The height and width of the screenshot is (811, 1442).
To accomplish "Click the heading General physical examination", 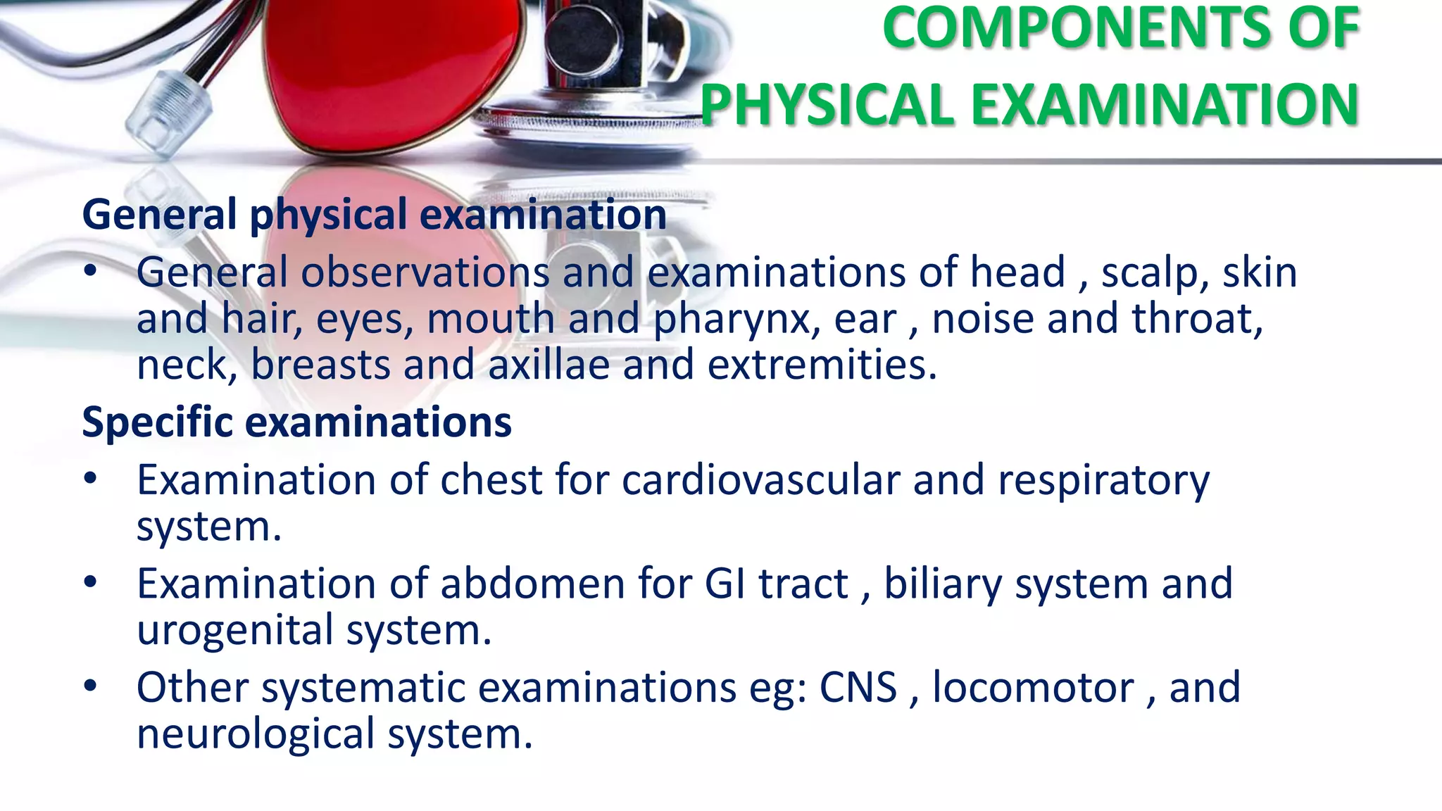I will (x=374, y=215).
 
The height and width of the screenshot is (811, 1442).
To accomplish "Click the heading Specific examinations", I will (x=296, y=422).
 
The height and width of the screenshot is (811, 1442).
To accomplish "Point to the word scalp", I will (x=1155, y=272).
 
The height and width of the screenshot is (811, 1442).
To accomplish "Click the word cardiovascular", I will (x=760, y=480).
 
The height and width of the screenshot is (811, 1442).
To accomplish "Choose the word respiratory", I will (x=1103, y=482).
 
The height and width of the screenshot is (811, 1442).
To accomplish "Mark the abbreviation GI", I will (x=725, y=584).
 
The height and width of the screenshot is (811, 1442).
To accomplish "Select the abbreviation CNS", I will (x=858, y=688).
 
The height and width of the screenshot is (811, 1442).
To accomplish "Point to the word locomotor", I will (x=1033, y=688).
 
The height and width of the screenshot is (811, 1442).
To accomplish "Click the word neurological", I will (x=256, y=735).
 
